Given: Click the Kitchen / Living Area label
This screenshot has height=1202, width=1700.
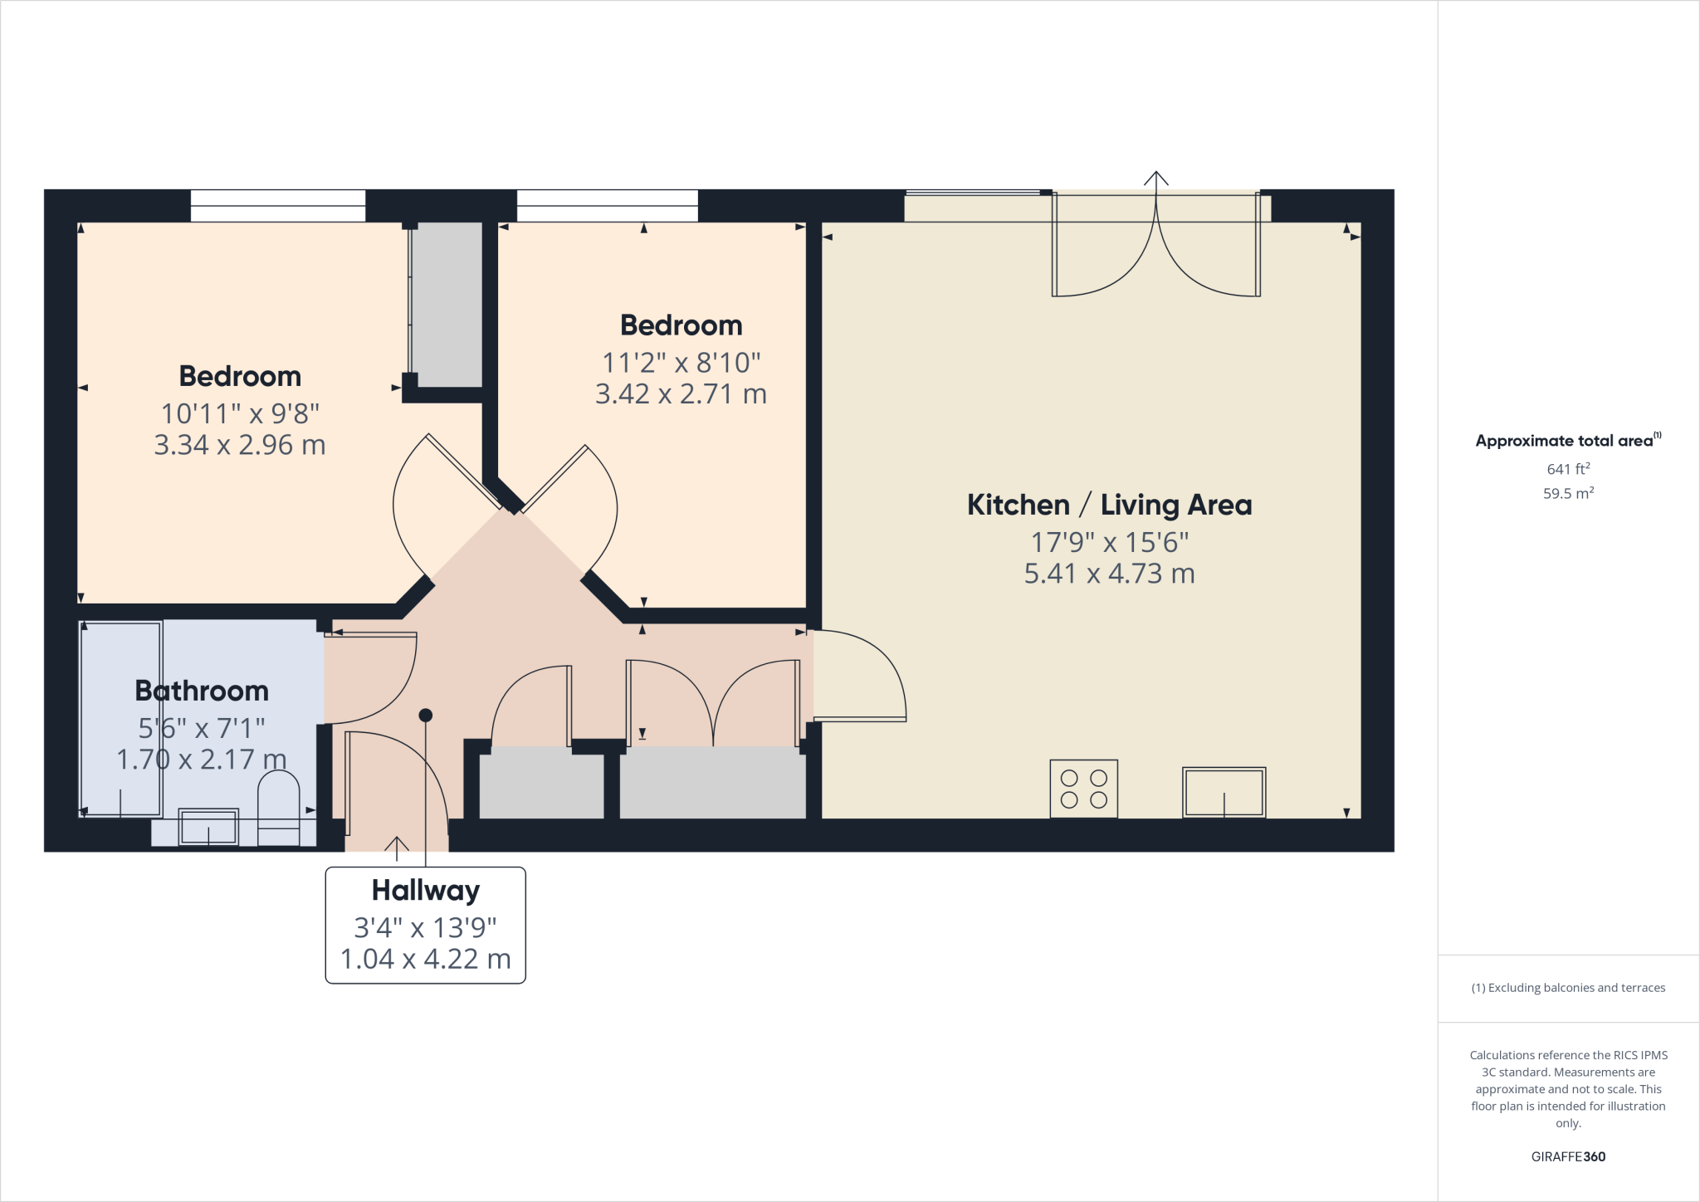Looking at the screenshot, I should (1109, 505).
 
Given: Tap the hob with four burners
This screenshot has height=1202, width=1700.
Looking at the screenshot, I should (1083, 789).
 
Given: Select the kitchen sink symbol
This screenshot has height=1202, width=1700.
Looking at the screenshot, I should (1224, 792).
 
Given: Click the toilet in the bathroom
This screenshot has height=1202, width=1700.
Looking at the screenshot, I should (279, 807).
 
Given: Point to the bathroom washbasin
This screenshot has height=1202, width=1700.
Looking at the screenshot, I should (208, 827).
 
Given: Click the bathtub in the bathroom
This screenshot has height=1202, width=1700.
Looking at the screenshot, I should (121, 719).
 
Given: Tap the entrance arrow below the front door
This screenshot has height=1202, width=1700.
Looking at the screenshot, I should (397, 848).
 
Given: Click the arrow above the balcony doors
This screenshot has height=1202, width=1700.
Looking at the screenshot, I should (1155, 178).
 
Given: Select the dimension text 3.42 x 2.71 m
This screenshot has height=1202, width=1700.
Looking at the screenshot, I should (681, 393).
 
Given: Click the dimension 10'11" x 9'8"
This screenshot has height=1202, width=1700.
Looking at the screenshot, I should (240, 413).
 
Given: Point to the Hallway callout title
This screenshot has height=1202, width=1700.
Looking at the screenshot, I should (425, 891).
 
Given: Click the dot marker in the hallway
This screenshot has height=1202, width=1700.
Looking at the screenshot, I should (425, 715).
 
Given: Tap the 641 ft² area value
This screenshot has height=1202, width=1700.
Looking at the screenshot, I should (1567, 469).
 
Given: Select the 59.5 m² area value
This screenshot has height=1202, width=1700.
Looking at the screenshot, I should (1567, 493).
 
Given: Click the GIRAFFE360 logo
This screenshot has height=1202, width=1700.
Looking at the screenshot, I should (1567, 1156).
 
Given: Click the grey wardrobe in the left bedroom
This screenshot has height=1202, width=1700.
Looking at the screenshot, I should (447, 304).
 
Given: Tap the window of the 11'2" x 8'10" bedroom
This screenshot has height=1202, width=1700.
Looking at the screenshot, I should (607, 205).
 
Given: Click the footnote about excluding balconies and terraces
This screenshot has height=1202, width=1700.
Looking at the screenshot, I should (1567, 988).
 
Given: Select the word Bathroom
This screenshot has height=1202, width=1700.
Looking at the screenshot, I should (202, 691).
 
